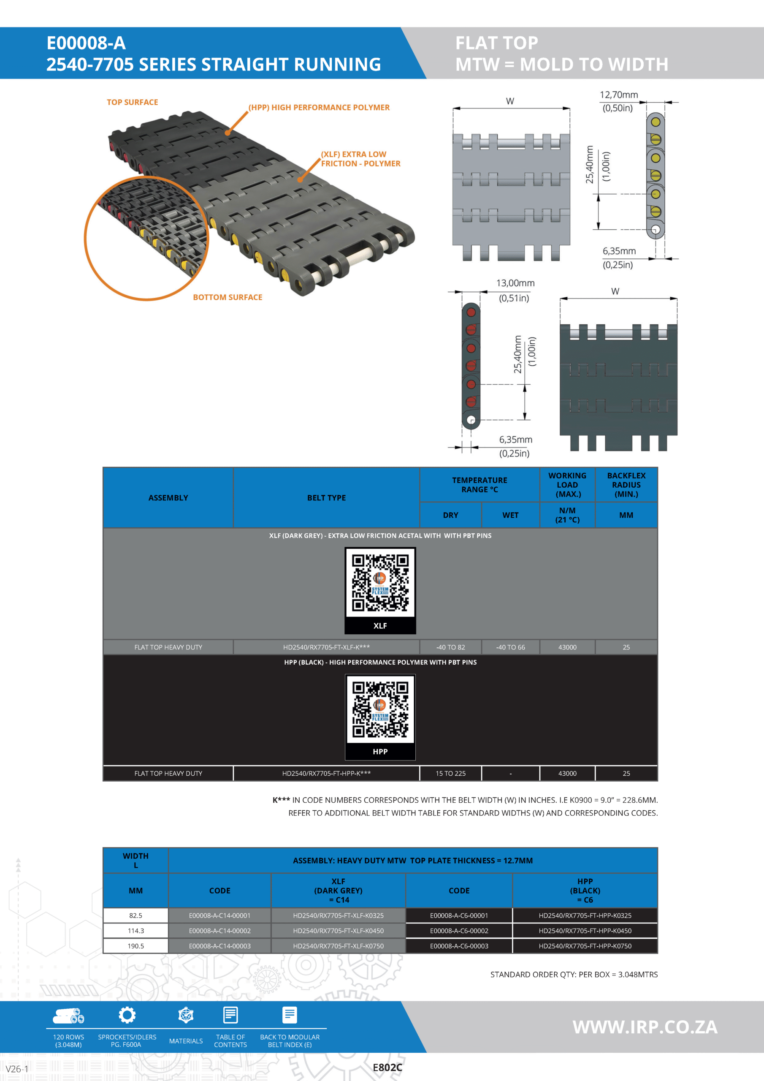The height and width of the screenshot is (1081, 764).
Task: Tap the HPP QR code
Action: tap(380, 709)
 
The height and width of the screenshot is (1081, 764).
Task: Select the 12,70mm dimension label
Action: tap(618, 95)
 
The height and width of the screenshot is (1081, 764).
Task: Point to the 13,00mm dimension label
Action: tap(515, 283)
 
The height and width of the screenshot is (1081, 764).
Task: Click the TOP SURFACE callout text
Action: tap(132, 102)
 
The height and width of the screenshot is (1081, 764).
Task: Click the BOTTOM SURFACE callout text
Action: tap(228, 297)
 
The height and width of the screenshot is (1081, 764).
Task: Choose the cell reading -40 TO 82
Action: tap(450, 647)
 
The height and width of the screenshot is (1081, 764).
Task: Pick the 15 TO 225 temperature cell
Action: tap(450, 774)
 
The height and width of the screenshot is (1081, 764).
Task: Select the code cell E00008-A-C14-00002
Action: tap(220, 931)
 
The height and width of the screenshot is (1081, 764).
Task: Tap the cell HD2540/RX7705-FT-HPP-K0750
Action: tap(585, 946)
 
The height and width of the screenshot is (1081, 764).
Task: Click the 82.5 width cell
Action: tap(135, 916)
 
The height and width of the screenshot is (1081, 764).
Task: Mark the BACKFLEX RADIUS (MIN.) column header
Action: tap(626, 485)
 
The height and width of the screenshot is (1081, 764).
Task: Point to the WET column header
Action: tap(510, 515)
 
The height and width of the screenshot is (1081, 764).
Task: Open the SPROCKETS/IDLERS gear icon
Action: tap(127, 1015)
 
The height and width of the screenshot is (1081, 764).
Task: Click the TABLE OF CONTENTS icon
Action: tap(230, 1015)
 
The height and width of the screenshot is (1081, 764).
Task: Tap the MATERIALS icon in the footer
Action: tap(186, 1015)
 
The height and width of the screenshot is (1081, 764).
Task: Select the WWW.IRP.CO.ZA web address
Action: tap(645, 1027)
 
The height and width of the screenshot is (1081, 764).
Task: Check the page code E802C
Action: tap(387, 1068)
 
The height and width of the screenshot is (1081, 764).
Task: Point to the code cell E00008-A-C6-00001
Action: tap(459, 916)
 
